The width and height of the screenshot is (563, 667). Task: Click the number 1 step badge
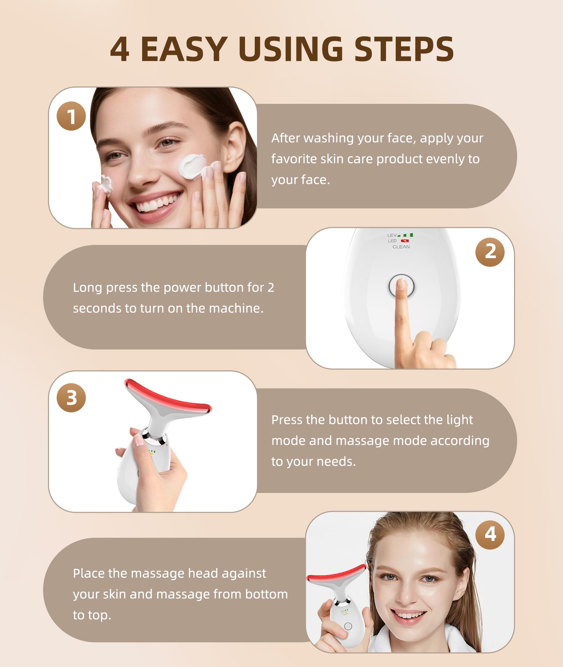[x=71, y=116]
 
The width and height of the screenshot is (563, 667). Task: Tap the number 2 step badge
[x=490, y=252]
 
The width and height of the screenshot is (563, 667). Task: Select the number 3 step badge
[x=71, y=398]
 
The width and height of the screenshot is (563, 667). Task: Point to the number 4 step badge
[x=490, y=534]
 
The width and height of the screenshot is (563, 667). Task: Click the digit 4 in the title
[x=120, y=49]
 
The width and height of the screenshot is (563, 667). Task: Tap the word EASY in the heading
[x=184, y=49]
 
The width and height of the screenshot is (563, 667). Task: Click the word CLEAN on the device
[x=401, y=247]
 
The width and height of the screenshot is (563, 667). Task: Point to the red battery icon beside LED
[x=405, y=241]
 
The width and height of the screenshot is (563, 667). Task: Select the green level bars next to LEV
[x=405, y=235]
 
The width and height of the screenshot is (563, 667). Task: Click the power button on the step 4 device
[x=348, y=626]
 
